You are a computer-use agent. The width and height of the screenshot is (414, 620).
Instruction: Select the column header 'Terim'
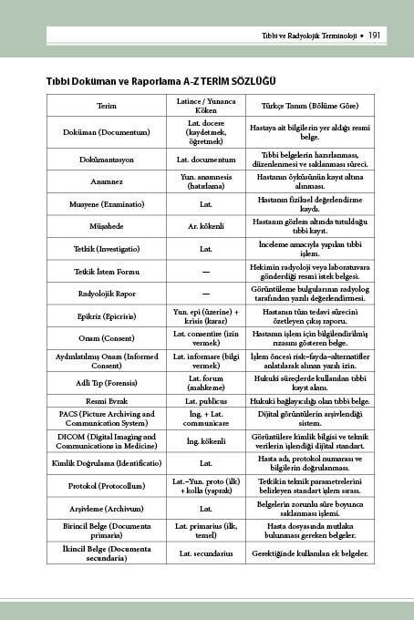pyautogui.click(x=107, y=106)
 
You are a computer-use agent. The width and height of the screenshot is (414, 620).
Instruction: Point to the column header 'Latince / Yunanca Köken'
pyautogui.click(x=206, y=106)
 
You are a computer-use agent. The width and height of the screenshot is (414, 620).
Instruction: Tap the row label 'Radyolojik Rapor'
pyautogui.click(x=107, y=294)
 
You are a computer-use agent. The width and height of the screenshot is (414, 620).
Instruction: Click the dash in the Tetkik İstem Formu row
pyautogui.click(x=206, y=272)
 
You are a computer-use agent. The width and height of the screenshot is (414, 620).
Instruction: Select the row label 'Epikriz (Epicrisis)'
pyautogui.click(x=107, y=316)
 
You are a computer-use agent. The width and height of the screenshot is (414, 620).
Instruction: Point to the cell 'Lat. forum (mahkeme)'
pyautogui.click(x=206, y=383)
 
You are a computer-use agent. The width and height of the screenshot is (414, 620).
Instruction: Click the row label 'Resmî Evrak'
pyautogui.click(x=107, y=401)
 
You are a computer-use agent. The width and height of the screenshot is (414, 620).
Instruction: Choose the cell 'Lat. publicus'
pyautogui.click(x=206, y=401)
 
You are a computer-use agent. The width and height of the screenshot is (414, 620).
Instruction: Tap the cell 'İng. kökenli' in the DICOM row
pyautogui.click(x=206, y=441)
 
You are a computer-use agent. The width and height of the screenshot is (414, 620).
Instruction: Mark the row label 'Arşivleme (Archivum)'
pyautogui.click(x=107, y=508)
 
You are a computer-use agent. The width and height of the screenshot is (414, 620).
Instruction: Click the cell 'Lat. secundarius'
pyautogui.click(x=206, y=553)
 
